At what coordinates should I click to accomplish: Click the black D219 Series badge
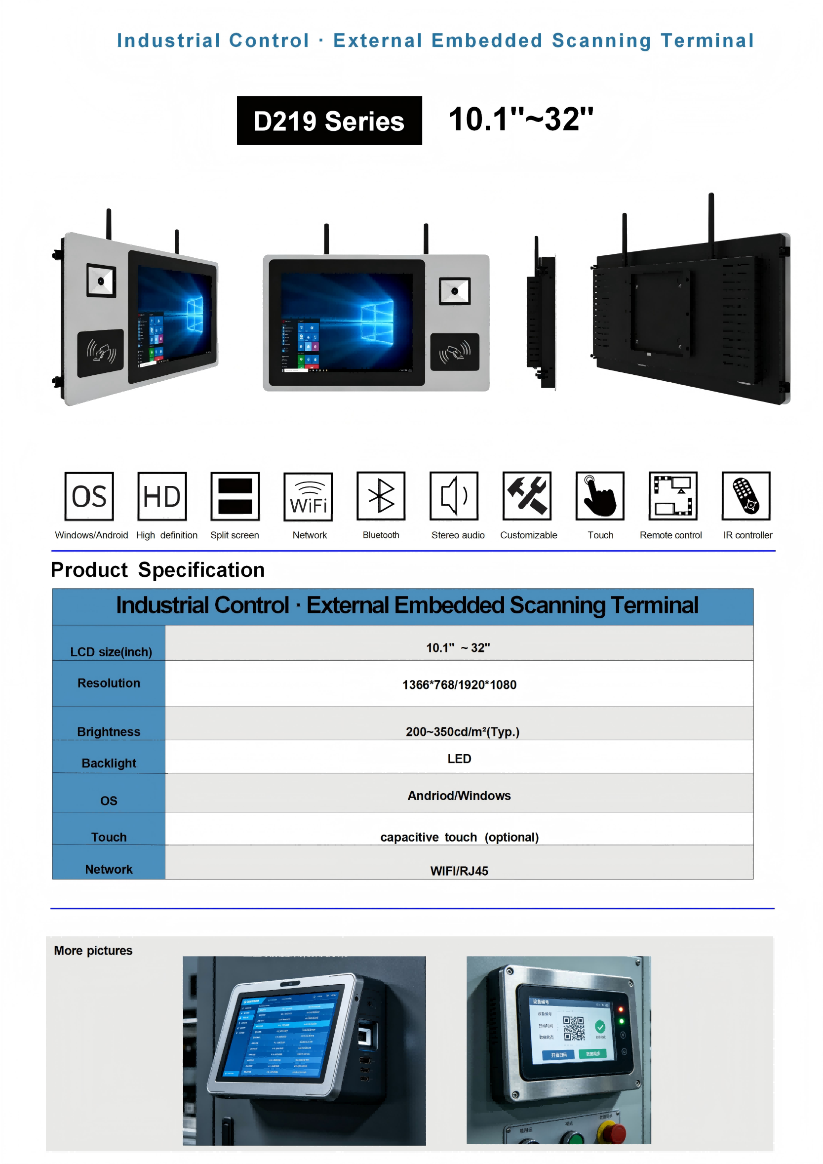329,120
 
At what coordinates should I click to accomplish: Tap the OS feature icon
89,496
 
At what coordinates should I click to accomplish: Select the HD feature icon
162,496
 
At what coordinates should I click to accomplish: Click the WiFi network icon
308,497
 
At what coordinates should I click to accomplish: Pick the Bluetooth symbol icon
381,496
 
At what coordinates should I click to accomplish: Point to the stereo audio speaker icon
454,496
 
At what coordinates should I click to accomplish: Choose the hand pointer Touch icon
600,496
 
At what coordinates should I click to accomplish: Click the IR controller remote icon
746,496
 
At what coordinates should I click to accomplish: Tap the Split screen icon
235,496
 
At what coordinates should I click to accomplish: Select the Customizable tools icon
527,496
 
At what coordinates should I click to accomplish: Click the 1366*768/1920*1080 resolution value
459,685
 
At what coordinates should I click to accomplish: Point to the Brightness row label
109,731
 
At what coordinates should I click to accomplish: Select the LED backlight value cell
459,759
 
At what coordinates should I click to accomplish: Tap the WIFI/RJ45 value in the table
459,871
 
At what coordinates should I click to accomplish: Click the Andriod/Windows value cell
459,796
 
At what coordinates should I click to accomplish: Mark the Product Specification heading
157,570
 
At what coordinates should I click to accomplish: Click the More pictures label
93,951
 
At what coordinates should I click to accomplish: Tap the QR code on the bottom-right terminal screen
574,1028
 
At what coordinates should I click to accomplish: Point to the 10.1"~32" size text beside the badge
521,120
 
